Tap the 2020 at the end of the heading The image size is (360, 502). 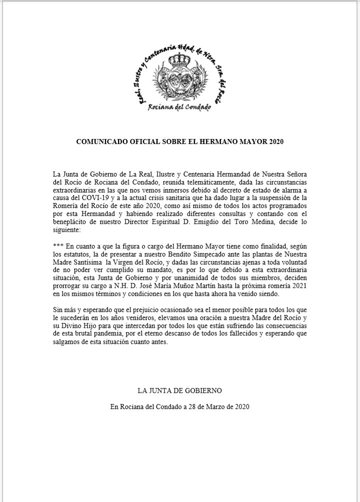pyautogui.click(x=275, y=141)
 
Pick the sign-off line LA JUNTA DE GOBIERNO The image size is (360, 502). pyautogui.click(x=179, y=390)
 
